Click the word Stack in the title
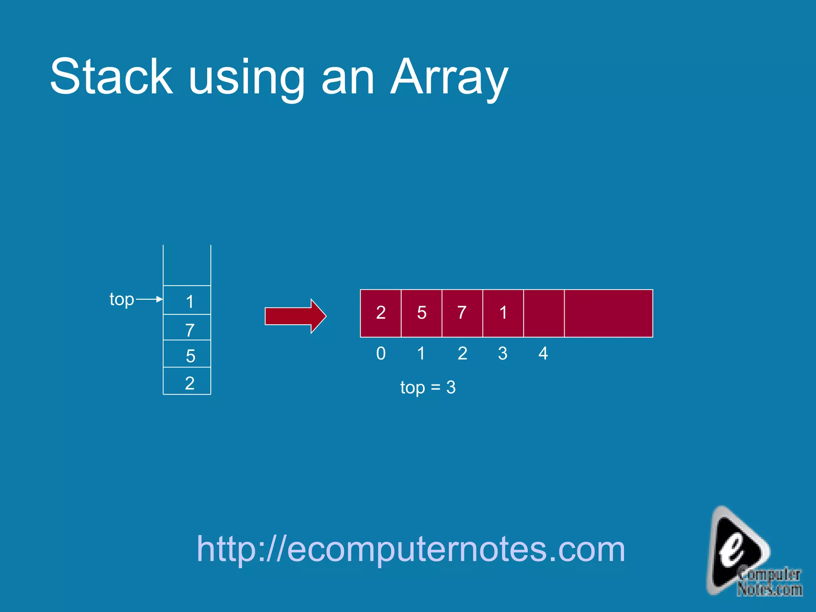(112, 76)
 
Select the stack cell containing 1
(187, 300)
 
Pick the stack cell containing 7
(187, 328)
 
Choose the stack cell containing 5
(187, 354)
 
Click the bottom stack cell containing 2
(187, 381)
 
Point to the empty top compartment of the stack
(187, 265)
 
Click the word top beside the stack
(122, 300)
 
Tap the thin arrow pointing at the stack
(149, 299)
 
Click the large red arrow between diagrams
(295, 316)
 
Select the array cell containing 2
(381, 313)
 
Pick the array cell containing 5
(422, 313)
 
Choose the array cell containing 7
(462, 313)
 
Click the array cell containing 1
(503, 313)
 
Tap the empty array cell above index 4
(544, 313)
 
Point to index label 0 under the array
(381, 353)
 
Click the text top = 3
(428, 387)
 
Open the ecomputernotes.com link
(411, 549)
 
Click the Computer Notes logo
(749, 554)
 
